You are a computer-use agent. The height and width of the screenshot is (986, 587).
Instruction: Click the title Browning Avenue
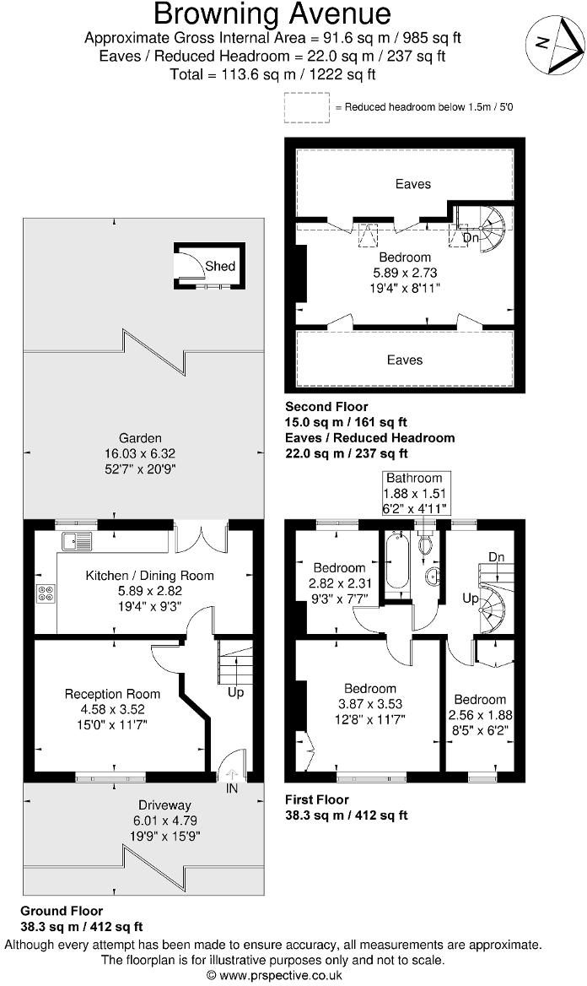[x=272, y=14]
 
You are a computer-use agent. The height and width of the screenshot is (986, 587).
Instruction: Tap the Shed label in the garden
[x=220, y=266]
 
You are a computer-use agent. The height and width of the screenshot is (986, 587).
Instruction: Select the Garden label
[x=140, y=438]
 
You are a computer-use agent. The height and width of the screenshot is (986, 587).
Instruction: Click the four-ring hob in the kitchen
[x=46, y=593]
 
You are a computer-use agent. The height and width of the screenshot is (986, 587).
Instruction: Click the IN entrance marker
[x=231, y=788]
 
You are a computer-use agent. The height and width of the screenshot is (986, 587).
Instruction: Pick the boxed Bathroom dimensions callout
[x=414, y=494]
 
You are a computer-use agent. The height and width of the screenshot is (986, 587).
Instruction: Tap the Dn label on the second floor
[x=471, y=238]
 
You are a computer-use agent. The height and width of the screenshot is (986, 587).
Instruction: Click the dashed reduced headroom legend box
[x=306, y=107]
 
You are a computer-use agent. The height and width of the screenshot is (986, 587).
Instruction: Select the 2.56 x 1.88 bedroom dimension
[x=480, y=714]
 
